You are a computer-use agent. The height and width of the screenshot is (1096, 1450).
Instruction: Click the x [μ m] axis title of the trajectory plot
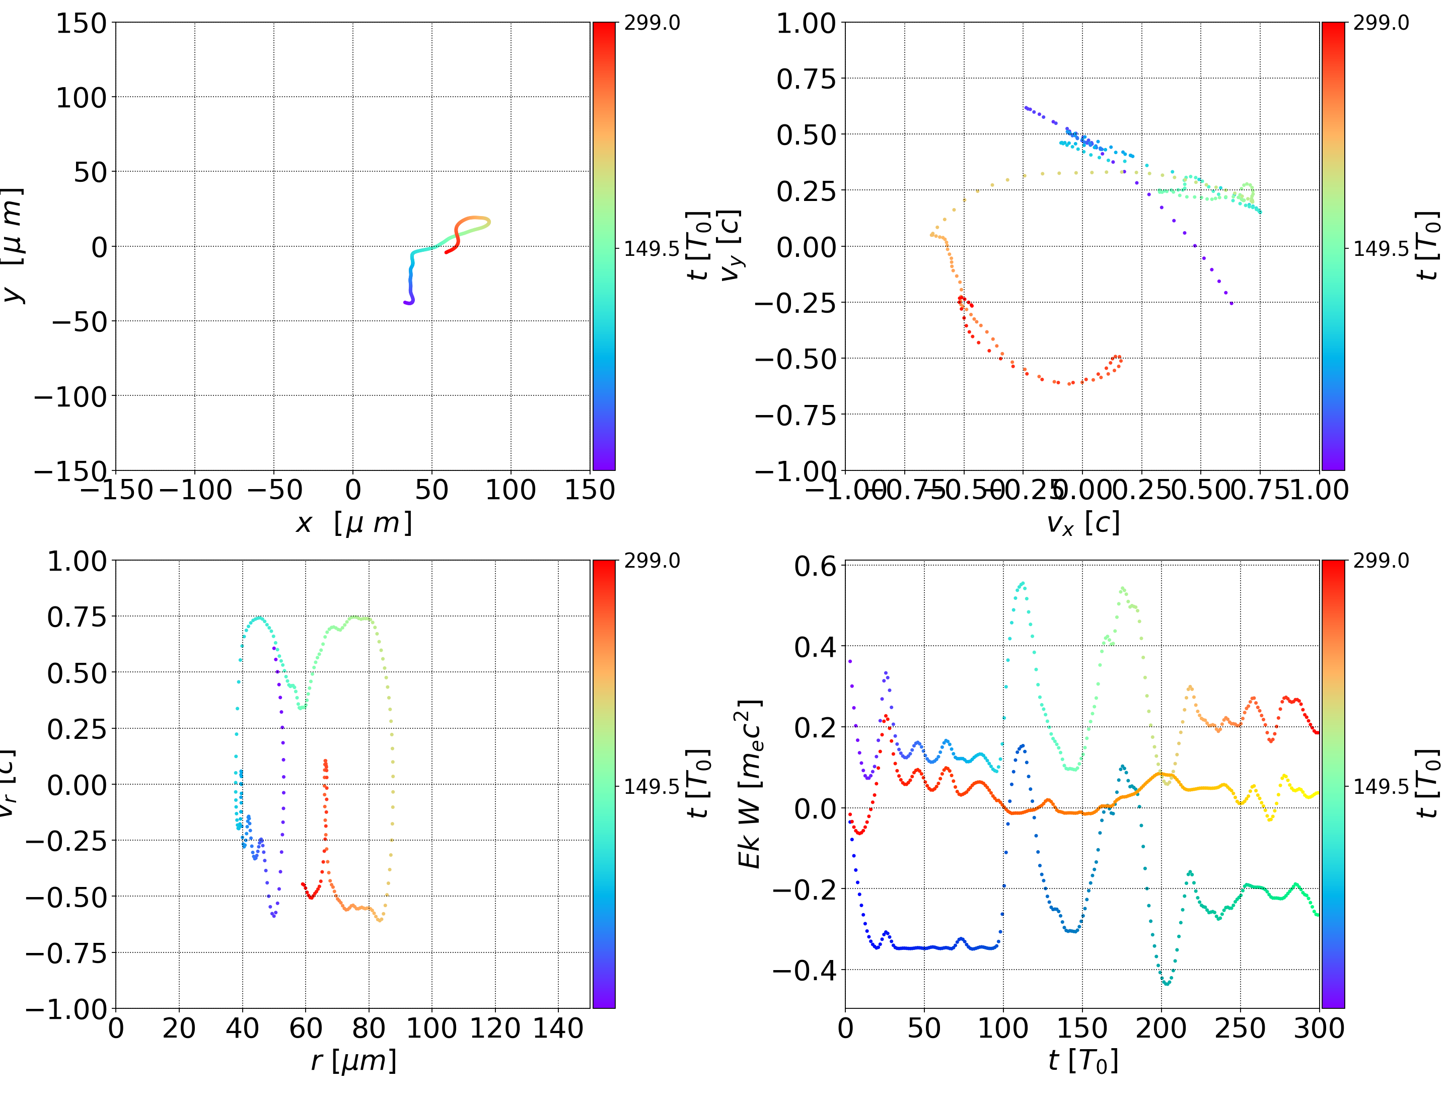353,523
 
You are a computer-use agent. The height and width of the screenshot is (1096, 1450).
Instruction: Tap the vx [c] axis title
1082,523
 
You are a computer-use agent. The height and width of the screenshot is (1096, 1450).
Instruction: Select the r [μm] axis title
353,1061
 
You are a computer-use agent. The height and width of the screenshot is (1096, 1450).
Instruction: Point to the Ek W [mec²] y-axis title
749,784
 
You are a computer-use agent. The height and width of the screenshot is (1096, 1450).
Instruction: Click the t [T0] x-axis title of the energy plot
1082,1061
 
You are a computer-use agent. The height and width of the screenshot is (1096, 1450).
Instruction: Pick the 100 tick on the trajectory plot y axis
80,98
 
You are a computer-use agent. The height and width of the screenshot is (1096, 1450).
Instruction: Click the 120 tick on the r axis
495,1028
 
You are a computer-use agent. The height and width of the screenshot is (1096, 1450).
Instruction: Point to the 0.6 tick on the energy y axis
816,566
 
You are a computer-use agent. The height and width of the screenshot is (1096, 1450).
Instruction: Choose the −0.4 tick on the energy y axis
805,970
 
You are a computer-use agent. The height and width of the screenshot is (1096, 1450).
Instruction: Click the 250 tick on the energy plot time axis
1240,1028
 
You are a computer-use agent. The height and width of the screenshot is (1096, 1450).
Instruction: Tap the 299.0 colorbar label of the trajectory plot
651,23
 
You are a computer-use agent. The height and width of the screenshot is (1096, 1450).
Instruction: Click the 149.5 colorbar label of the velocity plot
1381,249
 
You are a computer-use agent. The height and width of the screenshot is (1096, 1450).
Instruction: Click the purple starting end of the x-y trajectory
405,302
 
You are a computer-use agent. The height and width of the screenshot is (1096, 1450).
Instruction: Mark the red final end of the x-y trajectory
447,252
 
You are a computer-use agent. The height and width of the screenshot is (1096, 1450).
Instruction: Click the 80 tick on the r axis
369,1028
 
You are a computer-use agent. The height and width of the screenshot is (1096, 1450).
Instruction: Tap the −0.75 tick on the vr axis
65,952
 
